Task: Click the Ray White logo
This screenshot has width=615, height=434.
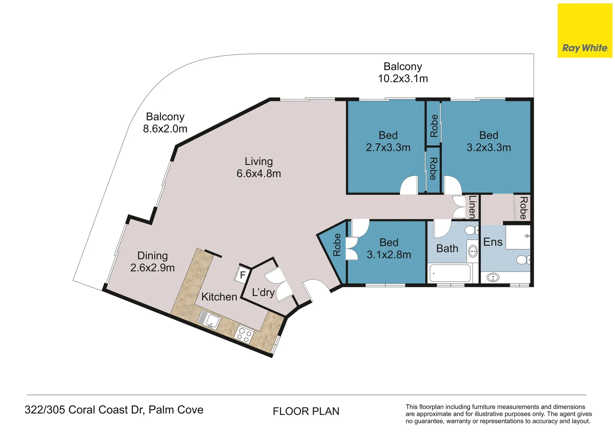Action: point(584,31)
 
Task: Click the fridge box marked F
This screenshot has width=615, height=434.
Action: point(242,275)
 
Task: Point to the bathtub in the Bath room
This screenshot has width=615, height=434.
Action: point(450,273)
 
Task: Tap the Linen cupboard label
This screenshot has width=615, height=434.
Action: point(472,207)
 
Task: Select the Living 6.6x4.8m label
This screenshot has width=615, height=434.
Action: point(259,168)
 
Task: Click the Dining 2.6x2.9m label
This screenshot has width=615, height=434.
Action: point(153,262)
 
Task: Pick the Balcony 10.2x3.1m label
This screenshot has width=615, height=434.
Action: point(402,72)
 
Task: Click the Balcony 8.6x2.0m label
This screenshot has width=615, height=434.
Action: point(165,123)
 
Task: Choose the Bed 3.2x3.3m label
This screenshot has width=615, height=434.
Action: point(489,141)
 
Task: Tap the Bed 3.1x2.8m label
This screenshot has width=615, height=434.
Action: point(389,248)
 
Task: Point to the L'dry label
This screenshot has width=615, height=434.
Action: point(263,293)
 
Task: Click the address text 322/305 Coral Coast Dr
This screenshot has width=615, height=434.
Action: point(114,410)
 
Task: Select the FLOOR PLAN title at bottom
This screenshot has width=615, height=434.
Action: point(306,411)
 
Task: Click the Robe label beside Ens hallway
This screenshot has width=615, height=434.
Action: point(523,208)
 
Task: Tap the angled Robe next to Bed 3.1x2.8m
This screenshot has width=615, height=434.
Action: point(337,245)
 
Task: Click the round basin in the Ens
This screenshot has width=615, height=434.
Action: point(493,277)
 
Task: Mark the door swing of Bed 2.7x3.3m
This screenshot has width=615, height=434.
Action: point(410,186)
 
